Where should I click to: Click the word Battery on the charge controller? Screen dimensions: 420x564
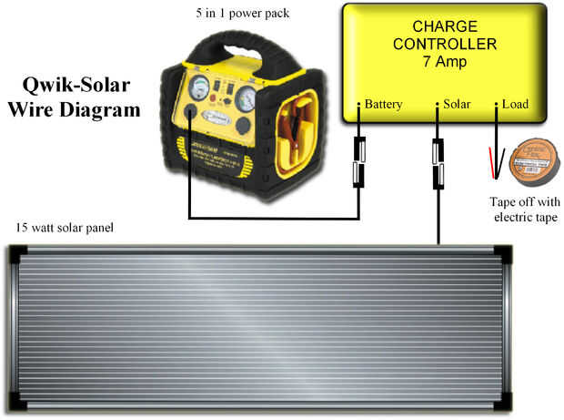(383, 105)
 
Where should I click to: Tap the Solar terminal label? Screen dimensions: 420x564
(457, 105)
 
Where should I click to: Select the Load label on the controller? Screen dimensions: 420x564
(515, 105)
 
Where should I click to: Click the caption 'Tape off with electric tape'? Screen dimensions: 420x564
(525, 210)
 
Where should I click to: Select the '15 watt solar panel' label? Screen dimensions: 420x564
(64, 226)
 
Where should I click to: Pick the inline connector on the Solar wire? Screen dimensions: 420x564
(438, 165)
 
